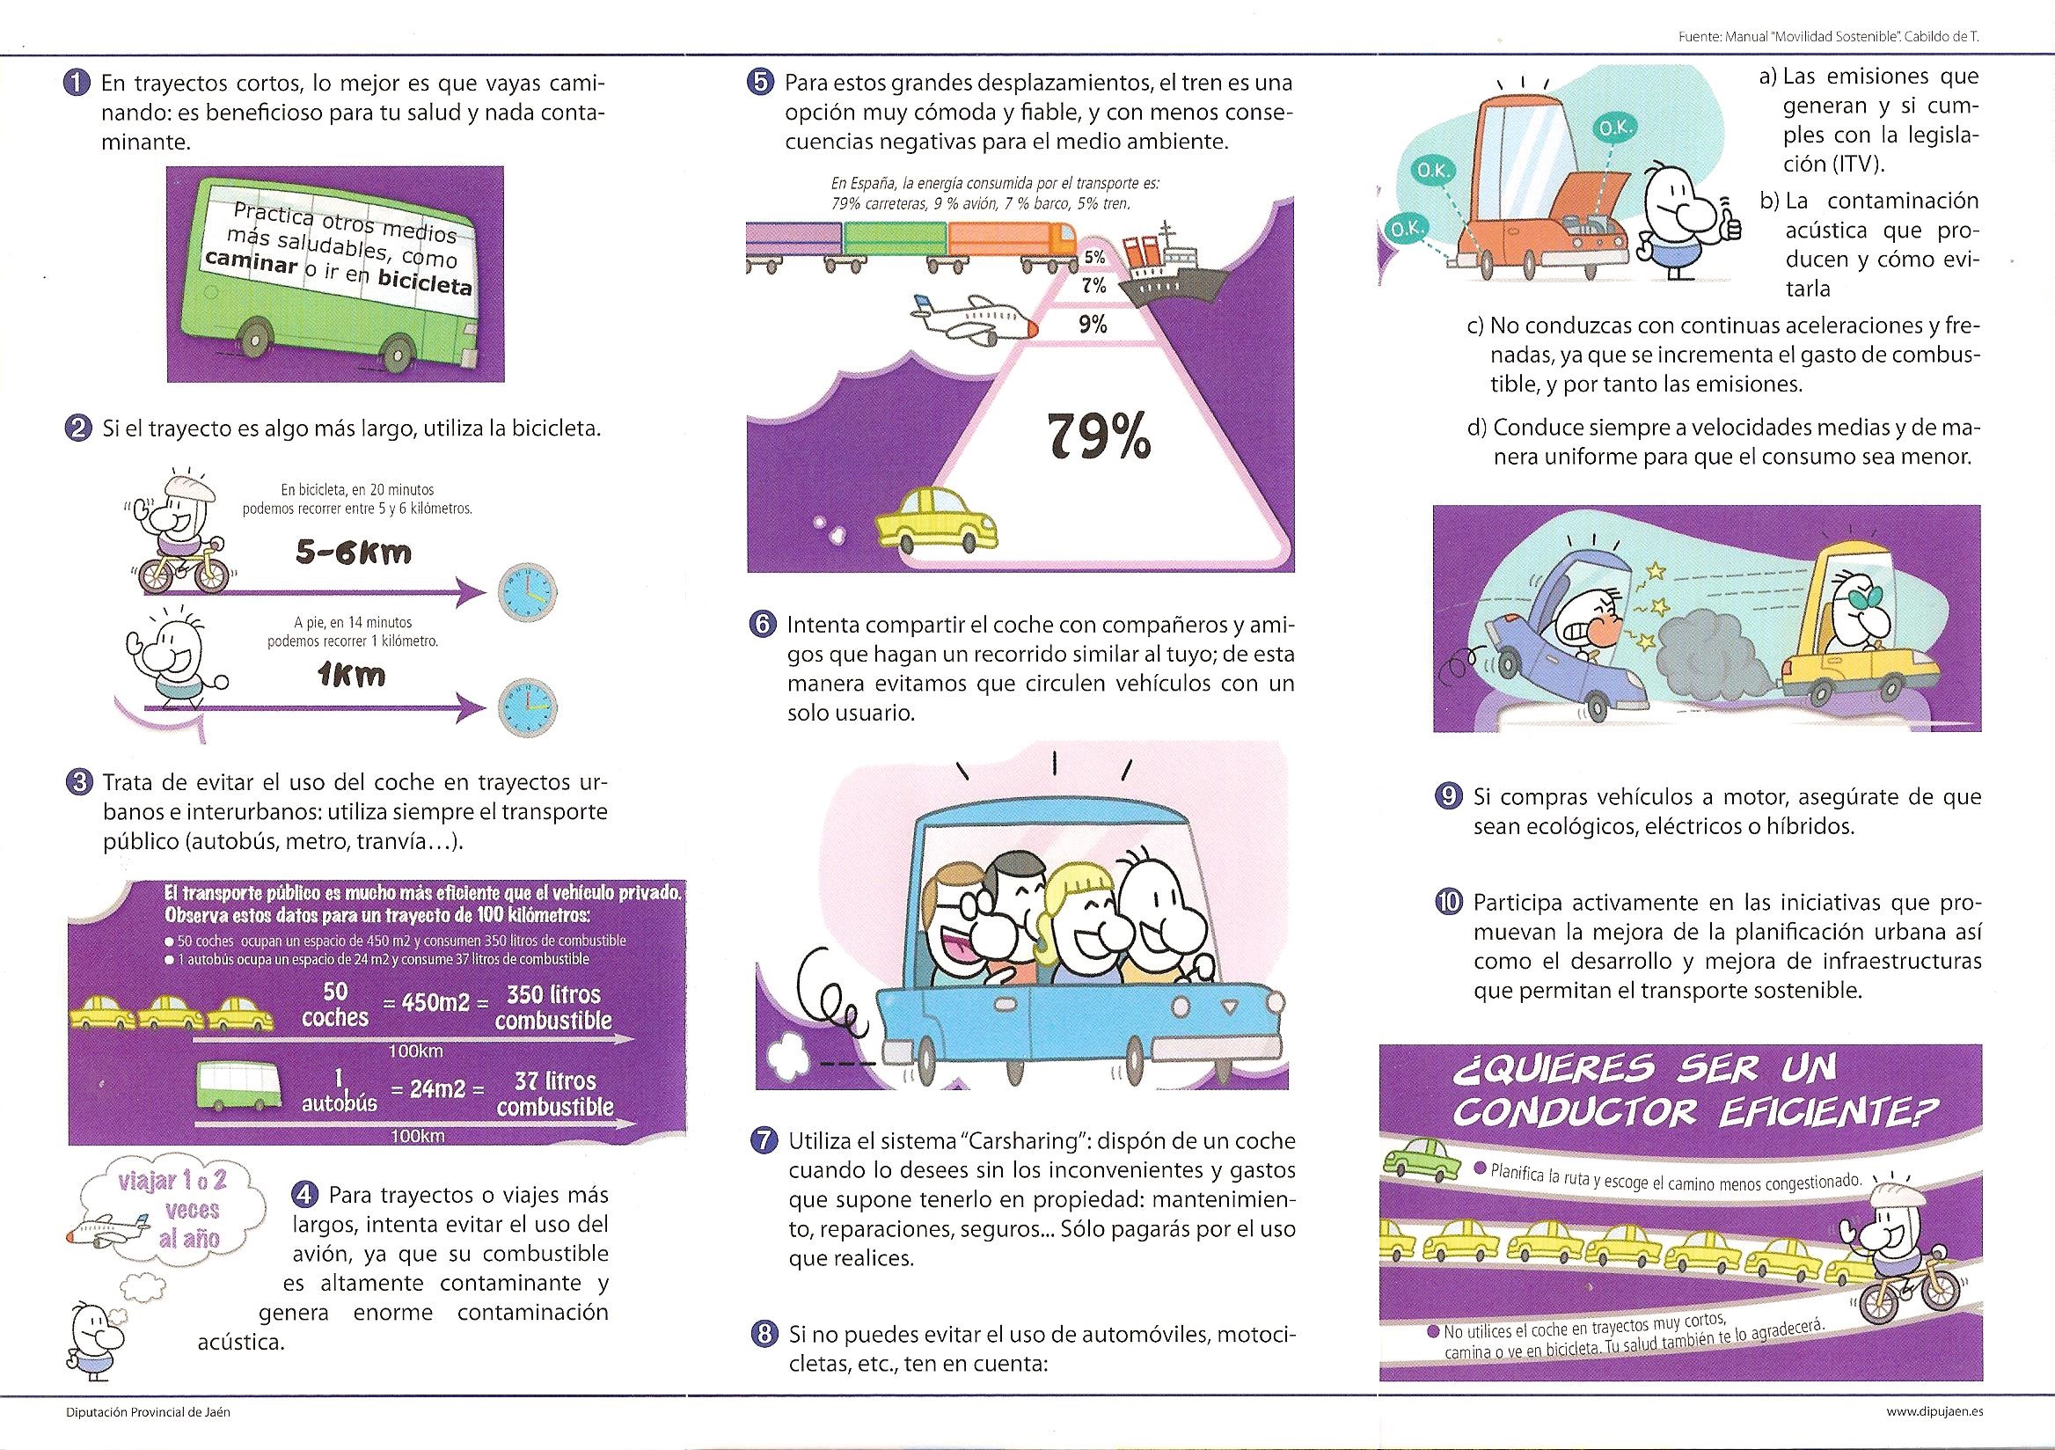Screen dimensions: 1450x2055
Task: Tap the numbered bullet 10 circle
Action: coord(1447,901)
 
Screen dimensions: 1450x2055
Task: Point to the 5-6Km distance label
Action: coord(355,553)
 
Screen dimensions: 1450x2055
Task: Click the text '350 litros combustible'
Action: coord(552,1007)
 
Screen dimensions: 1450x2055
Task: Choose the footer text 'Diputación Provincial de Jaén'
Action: coord(148,1411)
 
